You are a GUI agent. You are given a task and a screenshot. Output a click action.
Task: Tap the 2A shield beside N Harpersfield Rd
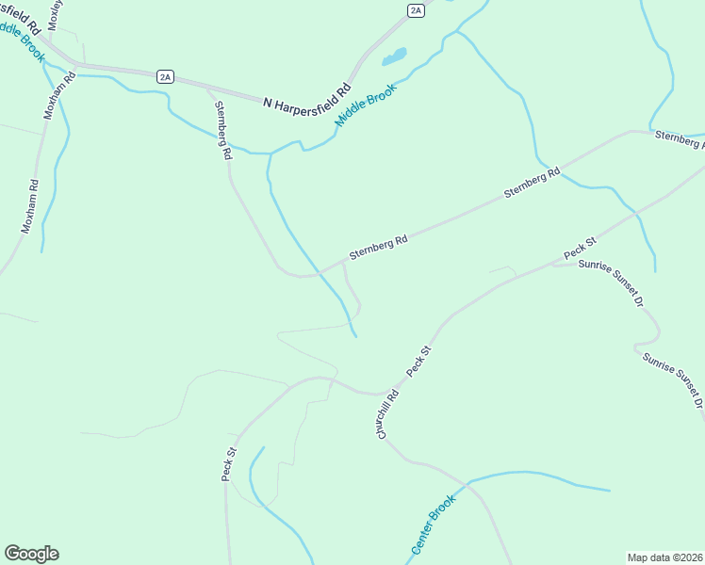166,77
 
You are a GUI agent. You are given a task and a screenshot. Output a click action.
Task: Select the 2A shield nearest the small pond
416,10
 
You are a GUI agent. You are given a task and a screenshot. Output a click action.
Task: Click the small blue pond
394,56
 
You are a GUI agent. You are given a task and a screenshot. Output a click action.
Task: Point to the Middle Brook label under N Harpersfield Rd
366,105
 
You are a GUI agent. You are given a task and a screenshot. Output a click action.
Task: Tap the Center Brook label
434,524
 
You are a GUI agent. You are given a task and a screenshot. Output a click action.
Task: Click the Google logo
31,554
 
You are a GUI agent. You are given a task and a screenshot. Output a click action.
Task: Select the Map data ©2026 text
664,557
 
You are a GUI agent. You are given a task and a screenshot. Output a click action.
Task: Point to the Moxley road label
53,14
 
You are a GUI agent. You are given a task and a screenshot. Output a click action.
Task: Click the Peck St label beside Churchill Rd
419,363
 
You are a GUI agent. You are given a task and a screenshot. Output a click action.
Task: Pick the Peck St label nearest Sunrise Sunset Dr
580,250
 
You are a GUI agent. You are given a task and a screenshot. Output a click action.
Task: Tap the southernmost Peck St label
228,464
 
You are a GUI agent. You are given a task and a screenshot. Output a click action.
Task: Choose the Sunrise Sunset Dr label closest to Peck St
611,284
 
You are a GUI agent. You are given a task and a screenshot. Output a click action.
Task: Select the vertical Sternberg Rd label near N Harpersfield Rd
222,130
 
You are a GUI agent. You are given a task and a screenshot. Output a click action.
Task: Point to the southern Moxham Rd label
29,206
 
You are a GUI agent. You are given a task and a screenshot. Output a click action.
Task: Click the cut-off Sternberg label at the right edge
679,140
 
